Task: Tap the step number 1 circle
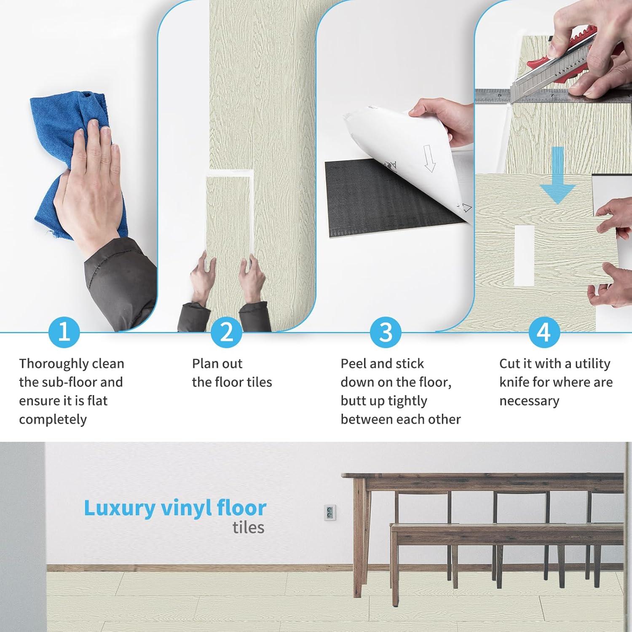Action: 64,332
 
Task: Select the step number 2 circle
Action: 227,332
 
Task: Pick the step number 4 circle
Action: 544,332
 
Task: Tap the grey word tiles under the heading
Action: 249,528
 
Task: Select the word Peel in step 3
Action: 354,364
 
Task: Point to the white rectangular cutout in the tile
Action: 525,254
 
